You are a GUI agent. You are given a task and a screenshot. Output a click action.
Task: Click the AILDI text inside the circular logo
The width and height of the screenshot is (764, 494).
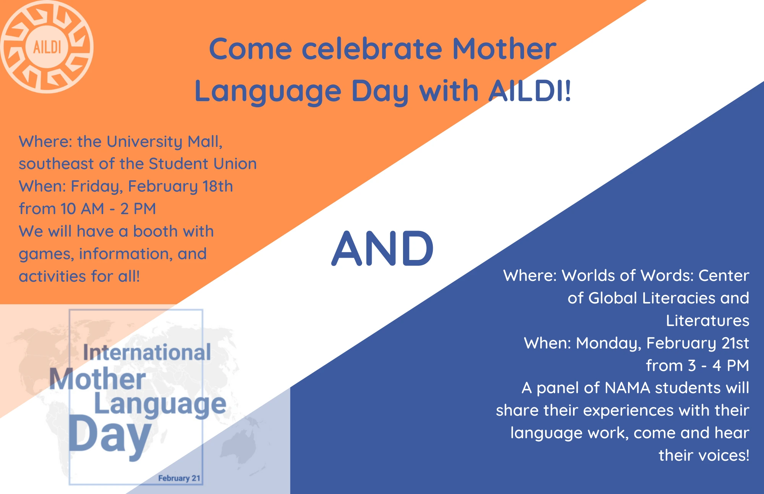47,47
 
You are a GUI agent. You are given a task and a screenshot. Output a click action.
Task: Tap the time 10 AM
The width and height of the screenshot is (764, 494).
82,209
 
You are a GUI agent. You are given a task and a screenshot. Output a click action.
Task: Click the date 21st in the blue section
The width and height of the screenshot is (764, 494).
735,343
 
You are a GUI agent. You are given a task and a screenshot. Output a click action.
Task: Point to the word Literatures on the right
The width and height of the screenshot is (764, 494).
707,321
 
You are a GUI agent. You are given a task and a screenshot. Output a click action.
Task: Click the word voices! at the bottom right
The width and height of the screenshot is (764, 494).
724,455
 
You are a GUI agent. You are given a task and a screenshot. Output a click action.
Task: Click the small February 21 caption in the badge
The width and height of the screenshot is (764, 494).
179,478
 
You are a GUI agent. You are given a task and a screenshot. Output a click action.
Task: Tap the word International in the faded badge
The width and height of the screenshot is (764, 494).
147,352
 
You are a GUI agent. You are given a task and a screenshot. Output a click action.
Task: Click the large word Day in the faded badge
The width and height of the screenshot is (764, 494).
110,436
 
